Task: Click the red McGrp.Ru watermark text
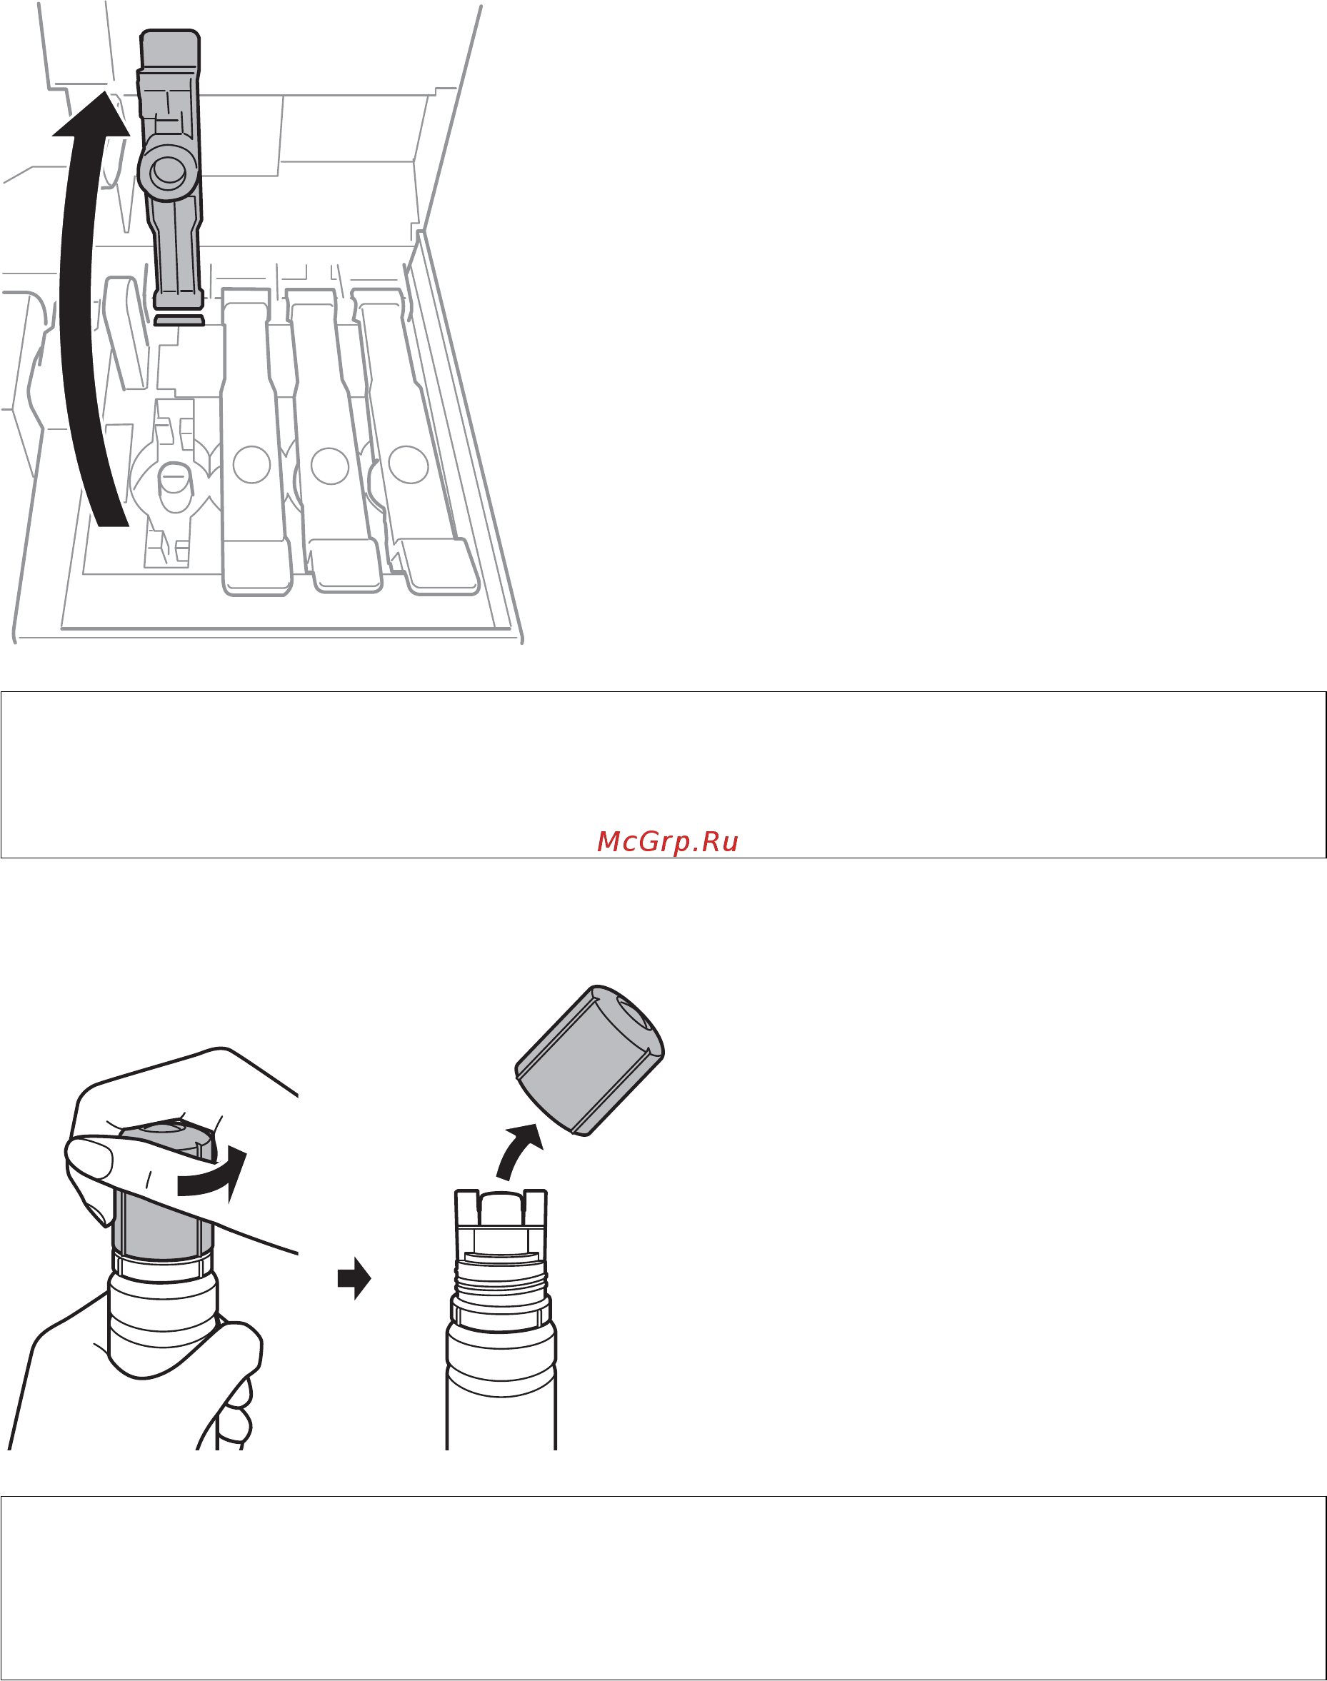coord(667,841)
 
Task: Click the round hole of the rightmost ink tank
coord(409,465)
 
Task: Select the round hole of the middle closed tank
coord(329,466)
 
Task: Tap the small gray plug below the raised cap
coord(179,319)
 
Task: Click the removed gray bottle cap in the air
coord(590,1060)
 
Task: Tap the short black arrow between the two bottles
coord(354,1278)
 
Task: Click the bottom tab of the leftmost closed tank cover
coord(257,568)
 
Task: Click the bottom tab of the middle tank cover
coord(347,566)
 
